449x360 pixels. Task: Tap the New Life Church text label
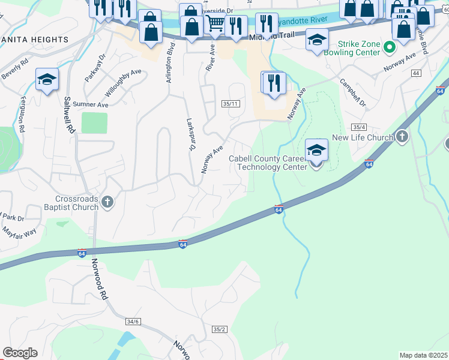click(x=363, y=137)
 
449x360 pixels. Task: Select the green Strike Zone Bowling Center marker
click(x=390, y=46)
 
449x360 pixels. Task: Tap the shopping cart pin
click(x=215, y=24)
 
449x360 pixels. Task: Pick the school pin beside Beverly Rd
click(x=47, y=80)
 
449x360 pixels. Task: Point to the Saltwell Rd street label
click(x=70, y=116)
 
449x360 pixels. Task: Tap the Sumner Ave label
click(x=90, y=104)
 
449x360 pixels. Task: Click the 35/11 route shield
click(x=231, y=104)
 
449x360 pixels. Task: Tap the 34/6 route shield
click(x=133, y=322)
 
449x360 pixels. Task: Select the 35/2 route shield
click(x=220, y=329)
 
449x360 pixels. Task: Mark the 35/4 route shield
click(x=359, y=127)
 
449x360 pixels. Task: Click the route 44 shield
click(x=416, y=73)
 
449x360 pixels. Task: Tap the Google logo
click(x=20, y=353)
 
